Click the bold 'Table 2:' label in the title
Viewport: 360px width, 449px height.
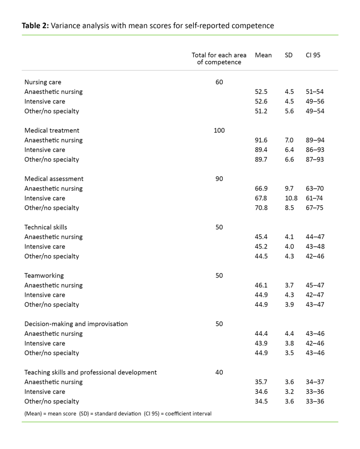pos(36,25)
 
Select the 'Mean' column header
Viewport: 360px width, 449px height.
pos(263,55)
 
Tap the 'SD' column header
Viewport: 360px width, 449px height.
pos(289,55)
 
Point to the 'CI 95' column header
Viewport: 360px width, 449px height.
pos(313,55)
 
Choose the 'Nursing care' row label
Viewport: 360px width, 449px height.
pos(43,82)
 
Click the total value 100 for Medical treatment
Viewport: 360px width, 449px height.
pos(219,130)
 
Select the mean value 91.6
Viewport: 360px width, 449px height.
pos(261,140)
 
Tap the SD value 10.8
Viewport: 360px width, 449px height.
pos(291,198)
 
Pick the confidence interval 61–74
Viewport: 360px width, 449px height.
pos(315,198)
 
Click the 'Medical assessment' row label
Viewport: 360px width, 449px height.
pos(54,178)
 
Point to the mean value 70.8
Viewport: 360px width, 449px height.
pos(261,208)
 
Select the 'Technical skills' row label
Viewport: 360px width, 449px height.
pos(46,227)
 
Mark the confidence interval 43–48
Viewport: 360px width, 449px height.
pos(315,246)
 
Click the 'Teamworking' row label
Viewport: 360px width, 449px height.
pos(44,275)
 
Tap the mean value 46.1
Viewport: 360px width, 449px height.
pos(261,285)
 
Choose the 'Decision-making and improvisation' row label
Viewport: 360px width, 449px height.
pos(76,324)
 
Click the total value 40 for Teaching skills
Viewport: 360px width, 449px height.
pos(219,372)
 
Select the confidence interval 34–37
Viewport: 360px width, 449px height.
pos(315,382)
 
